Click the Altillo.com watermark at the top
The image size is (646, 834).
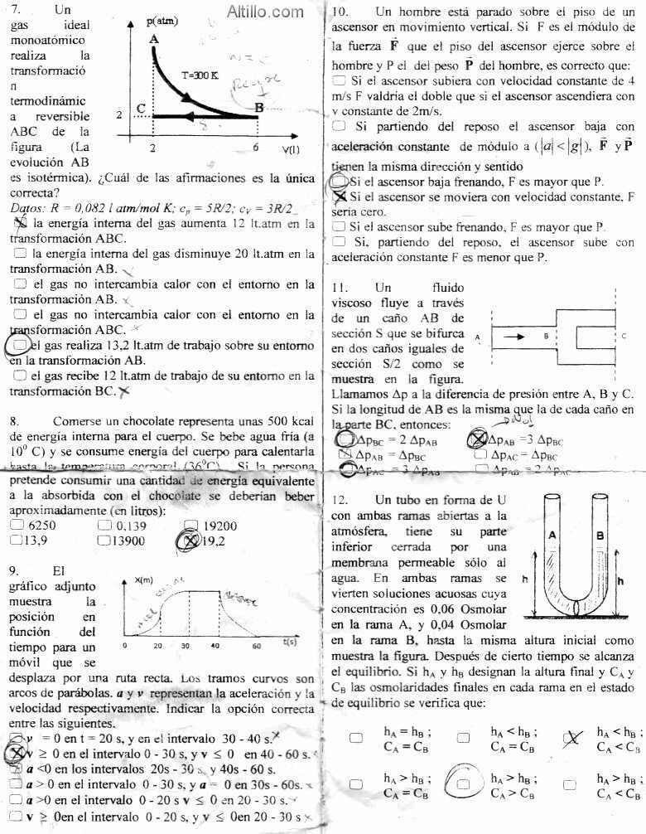pos(264,12)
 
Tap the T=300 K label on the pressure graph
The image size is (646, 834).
pos(200,75)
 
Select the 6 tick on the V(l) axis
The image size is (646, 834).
pos(256,148)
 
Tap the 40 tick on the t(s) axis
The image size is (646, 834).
pos(215,645)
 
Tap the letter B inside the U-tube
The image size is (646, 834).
pos(599,536)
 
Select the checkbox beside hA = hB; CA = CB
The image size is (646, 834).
pos(356,738)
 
